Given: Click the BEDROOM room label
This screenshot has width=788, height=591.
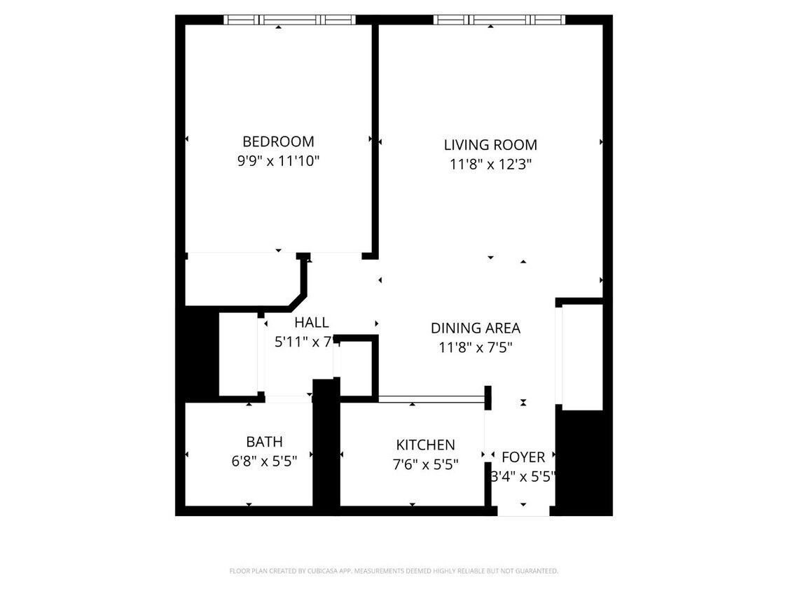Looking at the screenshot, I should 278,141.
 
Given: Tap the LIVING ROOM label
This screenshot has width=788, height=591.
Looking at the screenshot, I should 490,145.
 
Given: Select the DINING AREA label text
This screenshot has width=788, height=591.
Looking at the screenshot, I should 475,328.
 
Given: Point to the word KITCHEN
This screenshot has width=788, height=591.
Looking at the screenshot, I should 425,445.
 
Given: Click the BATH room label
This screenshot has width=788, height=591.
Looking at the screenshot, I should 264,442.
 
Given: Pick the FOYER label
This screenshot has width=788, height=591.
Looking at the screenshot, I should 523,457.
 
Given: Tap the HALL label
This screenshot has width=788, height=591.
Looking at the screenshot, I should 311,323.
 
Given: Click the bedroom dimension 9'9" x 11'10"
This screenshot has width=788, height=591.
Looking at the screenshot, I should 278,161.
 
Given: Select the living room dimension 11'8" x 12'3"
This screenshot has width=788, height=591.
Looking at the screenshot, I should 490,165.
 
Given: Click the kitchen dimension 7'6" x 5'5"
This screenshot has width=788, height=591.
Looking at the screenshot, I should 426,464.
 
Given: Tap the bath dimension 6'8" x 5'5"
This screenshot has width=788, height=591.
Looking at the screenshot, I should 264,461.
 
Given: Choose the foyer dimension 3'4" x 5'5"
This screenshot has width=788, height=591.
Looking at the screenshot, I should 523,476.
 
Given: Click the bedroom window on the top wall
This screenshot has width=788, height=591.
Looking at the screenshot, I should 289,20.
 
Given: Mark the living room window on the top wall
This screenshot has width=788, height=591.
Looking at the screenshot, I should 499,20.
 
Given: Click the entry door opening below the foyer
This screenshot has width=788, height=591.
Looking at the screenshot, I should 523,511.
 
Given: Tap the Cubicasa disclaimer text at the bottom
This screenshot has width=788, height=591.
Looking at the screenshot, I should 394,571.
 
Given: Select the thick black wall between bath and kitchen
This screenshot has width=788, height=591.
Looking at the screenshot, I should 326,448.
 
